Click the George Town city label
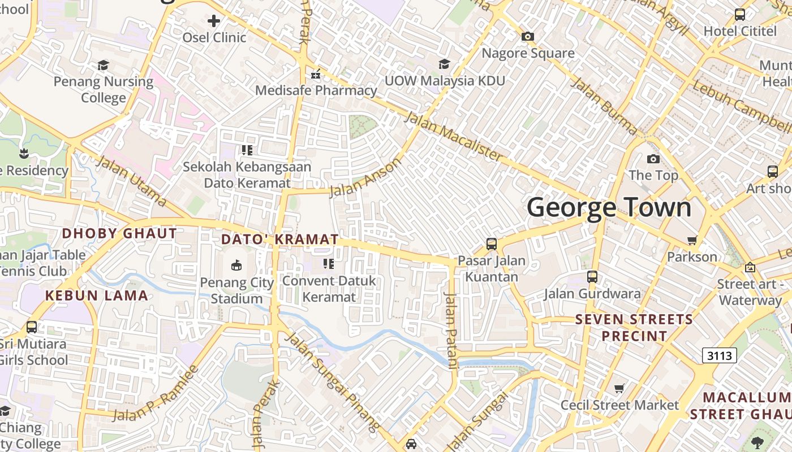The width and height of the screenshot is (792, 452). point(609,207)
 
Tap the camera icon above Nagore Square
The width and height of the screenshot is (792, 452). point(527,37)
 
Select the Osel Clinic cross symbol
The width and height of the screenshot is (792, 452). point(214,21)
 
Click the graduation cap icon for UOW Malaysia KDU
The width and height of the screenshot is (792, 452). point(444,64)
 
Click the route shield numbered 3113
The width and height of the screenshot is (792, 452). point(720,355)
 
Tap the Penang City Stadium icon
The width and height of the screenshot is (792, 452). point(236,264)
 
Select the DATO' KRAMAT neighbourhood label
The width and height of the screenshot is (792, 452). point(279,239)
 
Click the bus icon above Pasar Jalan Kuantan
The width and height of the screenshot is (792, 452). point(491,244)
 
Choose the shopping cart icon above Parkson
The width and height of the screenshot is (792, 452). point(692,241)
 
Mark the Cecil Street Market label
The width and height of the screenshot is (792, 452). point(619,405)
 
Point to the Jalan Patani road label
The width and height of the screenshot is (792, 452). point(451,331)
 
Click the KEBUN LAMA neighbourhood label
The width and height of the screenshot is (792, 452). point(96,295)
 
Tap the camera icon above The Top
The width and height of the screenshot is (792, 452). point(653,159)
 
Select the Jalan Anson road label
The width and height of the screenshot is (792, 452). point(365,177)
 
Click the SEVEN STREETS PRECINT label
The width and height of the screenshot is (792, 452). point(634,328)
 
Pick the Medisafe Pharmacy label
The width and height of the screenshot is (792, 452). point(316,90)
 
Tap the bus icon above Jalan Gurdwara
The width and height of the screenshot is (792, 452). point(592,277)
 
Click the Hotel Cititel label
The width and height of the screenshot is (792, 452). point(739,31)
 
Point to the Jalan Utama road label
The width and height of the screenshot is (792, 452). point(131,181)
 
